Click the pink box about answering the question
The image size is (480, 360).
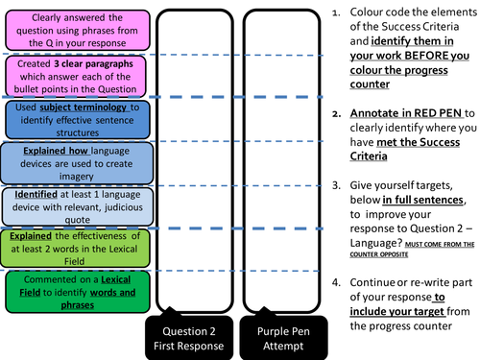click(x=73, y=29)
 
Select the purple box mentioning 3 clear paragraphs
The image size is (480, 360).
click(x=73, y=74)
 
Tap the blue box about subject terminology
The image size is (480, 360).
click(x=73, y=119)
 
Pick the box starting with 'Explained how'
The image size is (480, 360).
click(x=73, y=163)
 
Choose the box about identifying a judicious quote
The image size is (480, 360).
click(x=73, y=206)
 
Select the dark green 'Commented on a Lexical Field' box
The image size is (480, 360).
click(x=73, y=292)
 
